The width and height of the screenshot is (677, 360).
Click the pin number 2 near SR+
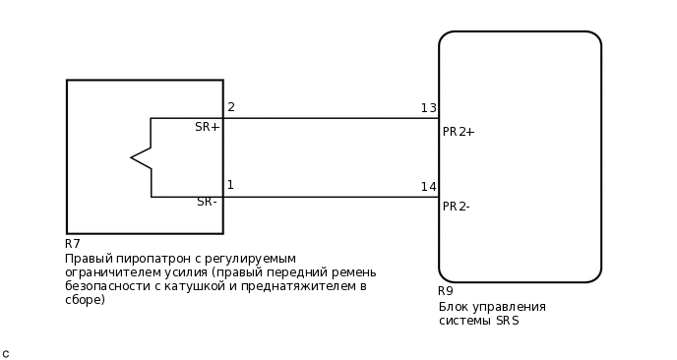[x=231, y=107]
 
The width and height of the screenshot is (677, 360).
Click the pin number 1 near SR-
[x=230, y=185]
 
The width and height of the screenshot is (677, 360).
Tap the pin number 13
[x=428, y=108]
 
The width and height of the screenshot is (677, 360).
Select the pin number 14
[x=428, y=187]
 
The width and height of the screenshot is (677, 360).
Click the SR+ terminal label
[x=207, y=127]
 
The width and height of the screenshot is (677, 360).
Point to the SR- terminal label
[x=207, y=202]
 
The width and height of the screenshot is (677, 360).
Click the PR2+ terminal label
[x=459, y=132]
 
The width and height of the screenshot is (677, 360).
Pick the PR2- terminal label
[x=456, y=207]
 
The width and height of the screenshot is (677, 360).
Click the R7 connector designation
[x=73, y=244]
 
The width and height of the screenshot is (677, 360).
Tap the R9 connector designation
[x=446, y=291]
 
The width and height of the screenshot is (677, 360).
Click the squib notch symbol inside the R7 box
[x=141, y=157]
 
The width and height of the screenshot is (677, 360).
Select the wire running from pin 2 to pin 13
[x=330, y=118]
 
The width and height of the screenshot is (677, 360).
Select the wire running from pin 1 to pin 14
[x=330, y=197]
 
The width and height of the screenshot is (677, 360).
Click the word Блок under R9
[x=454, y=307]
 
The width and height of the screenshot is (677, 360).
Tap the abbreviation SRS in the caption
[x=507, y=321]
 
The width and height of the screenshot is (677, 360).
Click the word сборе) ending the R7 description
[x=85, y=300]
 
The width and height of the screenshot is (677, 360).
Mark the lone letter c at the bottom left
[x=6, y=353]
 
